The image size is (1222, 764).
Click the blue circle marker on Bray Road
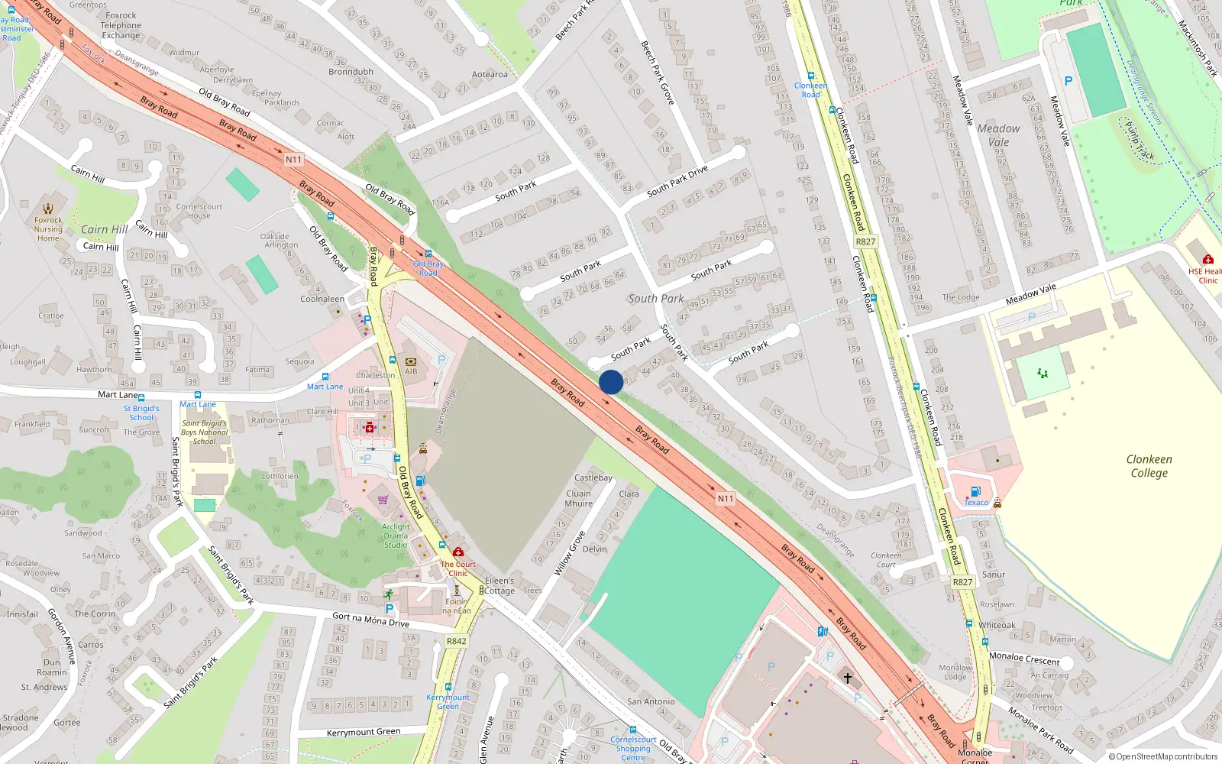point(610,382)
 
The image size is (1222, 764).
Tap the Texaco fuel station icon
point(975,491)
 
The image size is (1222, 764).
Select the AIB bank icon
point(411,362)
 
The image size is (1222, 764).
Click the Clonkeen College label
point(1149,466)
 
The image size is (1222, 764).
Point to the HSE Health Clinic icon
point(1207,260)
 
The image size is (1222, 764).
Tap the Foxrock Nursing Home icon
point(48,209)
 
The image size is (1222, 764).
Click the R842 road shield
point(456,641)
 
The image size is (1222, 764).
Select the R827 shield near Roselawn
point(962,582)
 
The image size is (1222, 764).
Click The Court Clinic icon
point(457,552)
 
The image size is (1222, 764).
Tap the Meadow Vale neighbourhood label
point(998,135)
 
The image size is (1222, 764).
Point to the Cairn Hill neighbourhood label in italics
point(105,229)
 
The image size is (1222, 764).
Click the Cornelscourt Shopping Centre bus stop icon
point(632,730)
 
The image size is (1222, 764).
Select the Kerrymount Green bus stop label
point(448,701)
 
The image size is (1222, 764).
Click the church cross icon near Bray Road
point(847,678)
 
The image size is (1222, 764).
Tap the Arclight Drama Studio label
point(396,536)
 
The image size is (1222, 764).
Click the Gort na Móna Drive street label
point(370,619)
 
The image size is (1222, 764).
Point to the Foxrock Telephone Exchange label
point(121,25)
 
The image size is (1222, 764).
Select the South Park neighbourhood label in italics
point(655,299)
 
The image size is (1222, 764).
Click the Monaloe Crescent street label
point(1024,658)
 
